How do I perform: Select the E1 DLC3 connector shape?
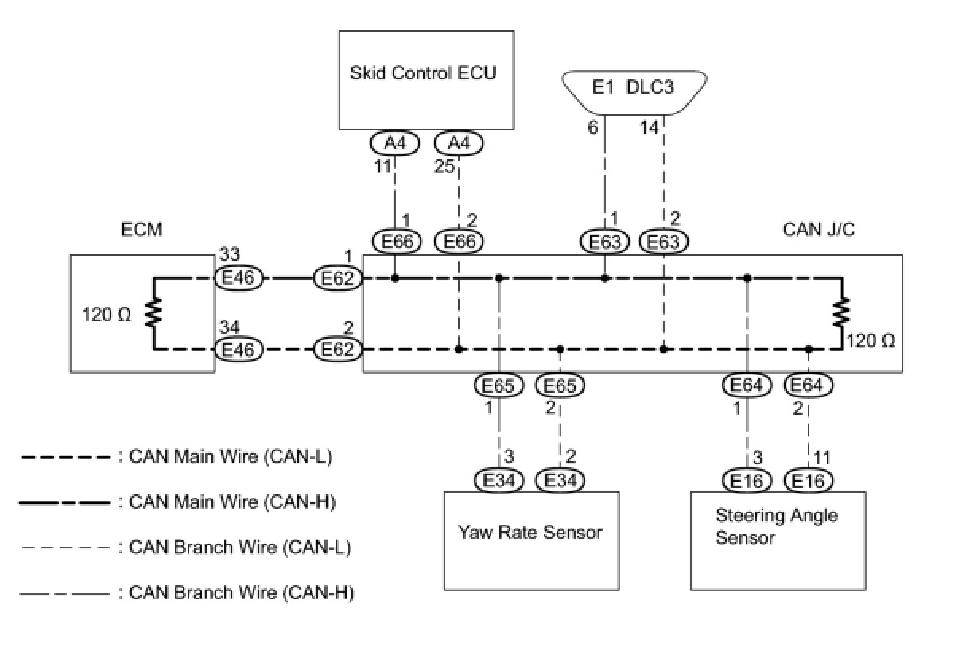click(634, 93)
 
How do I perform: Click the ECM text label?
click(142, 229)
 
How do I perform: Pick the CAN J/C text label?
click(819, 229)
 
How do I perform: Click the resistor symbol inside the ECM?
click(153, 312)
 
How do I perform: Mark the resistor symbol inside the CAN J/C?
click(842, 312)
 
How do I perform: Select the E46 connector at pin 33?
click(239, 277)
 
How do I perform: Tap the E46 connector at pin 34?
click(239, 350)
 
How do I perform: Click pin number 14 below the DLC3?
click(649, 127)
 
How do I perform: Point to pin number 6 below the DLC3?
click(592, 127)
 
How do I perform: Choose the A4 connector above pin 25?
click(459, 143)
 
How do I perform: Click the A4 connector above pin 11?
click(394, 143)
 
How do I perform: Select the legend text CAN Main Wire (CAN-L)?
click(231, 457)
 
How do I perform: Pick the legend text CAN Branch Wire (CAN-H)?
click(242, 593)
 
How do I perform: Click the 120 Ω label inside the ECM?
click(107, 315)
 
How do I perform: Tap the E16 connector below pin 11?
click(809, 480)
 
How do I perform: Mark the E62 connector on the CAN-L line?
click(338, 350)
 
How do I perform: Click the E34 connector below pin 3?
click(498, 480)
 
